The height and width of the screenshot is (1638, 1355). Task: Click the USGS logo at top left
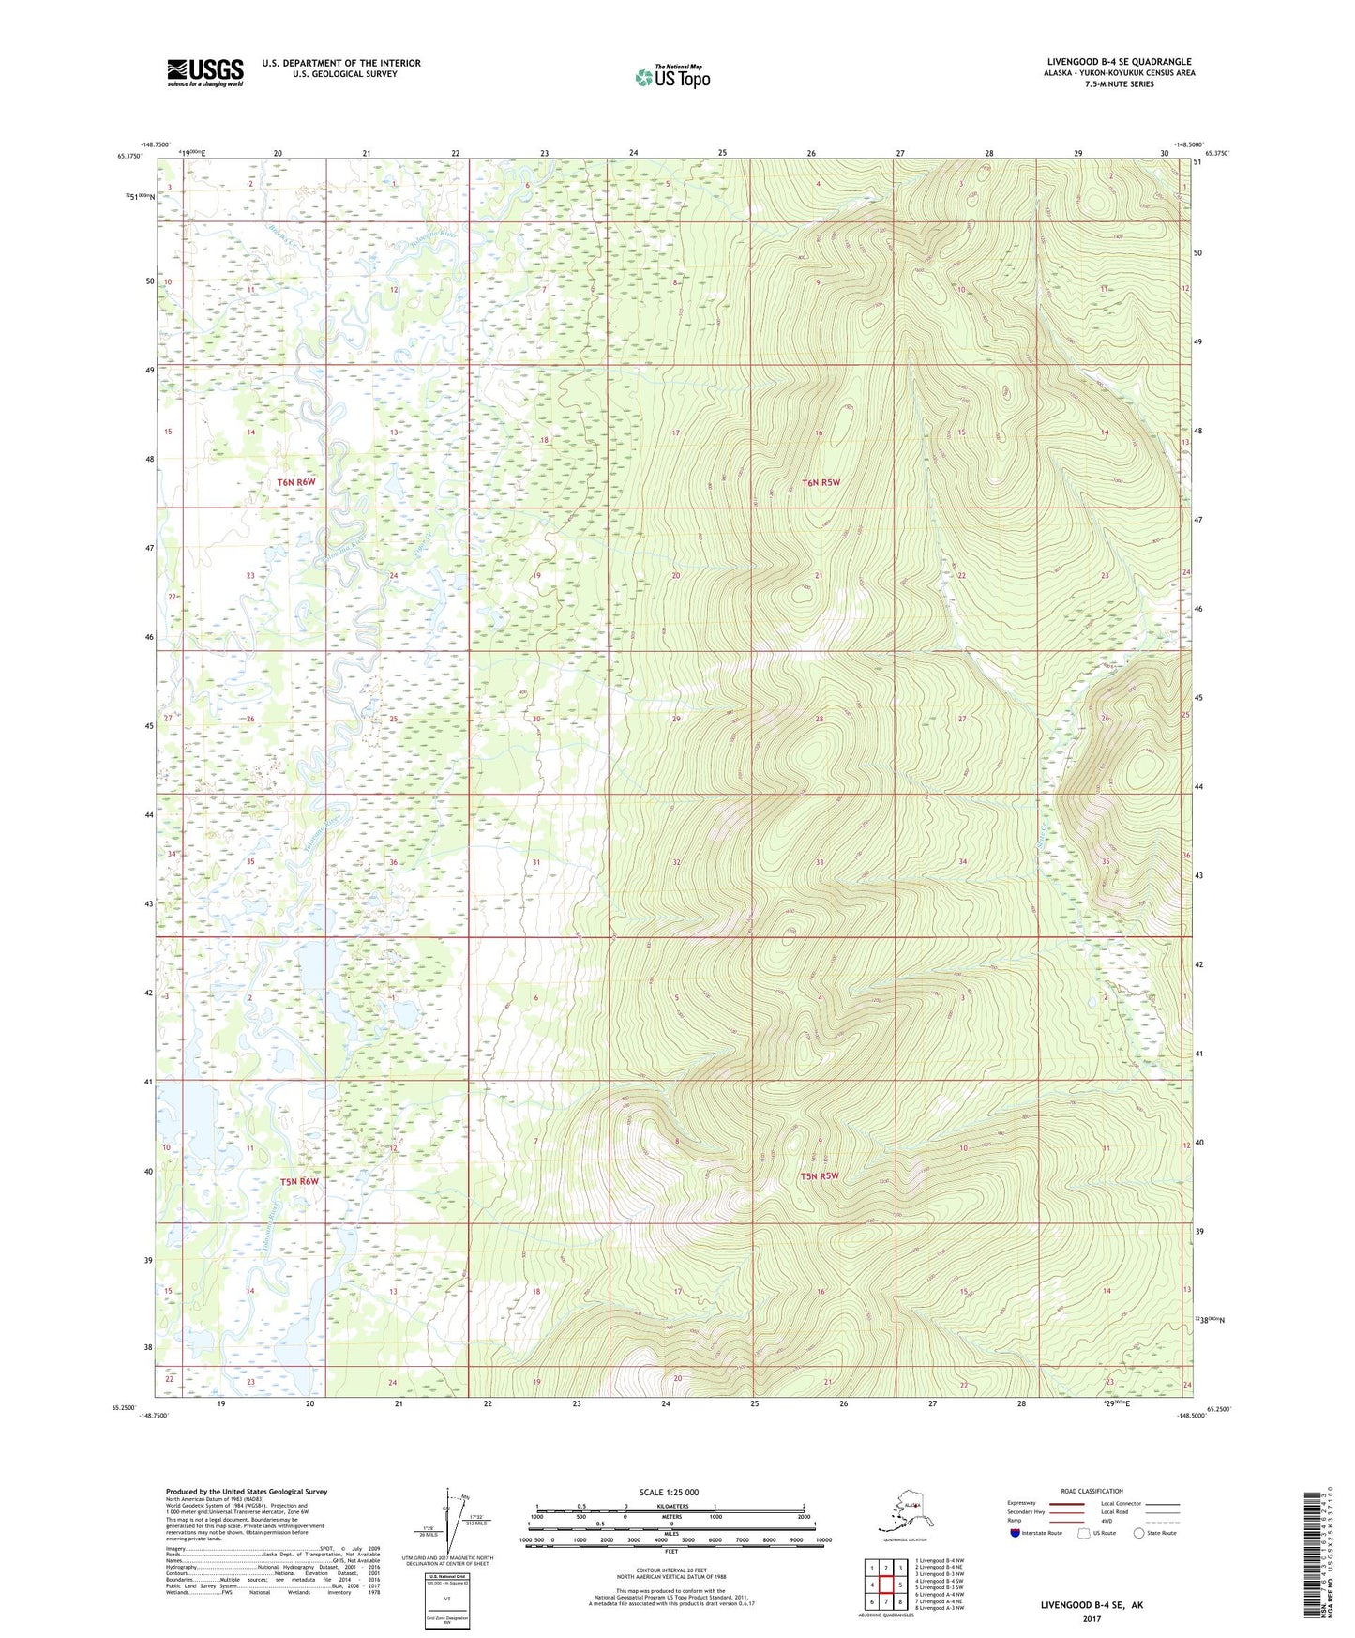tap(204, 72)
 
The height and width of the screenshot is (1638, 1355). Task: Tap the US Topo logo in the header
tap(671, 77)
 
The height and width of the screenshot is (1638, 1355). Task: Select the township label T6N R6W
tap(296, 482)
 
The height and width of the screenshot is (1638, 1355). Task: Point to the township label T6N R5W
tap(821, 483)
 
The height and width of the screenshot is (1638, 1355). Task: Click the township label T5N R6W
tap(299, 1181)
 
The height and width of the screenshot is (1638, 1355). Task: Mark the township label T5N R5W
tap(819, 1175)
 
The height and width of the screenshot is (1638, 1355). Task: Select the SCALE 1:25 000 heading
tap(668, 1492)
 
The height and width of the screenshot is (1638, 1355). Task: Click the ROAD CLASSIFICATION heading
tap(1092, 1491)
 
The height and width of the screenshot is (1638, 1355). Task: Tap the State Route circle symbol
tap(1138, 1533)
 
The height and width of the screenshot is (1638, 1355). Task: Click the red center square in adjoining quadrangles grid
tap(885, 1585)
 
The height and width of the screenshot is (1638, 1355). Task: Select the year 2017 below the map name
tap(1091, 1618)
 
